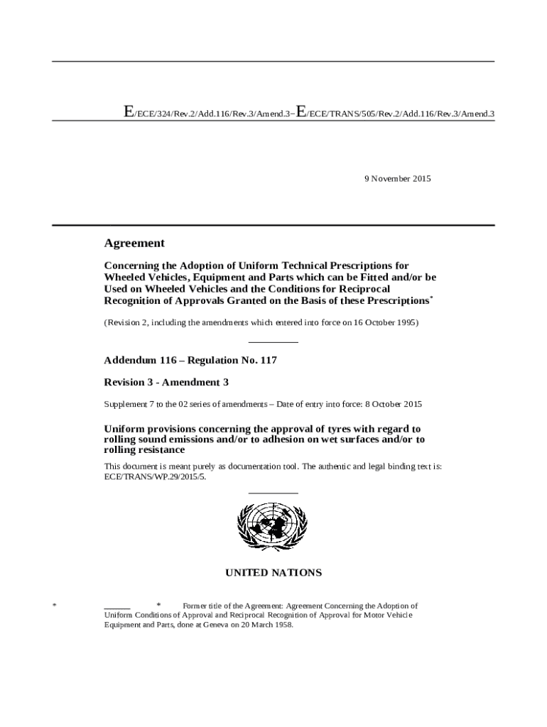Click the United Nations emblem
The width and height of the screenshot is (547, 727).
click(x=273, y=528)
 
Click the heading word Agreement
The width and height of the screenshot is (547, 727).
click(x=134, y=243)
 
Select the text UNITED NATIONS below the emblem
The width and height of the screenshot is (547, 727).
click(x=273, y=572)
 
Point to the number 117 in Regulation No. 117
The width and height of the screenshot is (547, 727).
click(x=268, y=360)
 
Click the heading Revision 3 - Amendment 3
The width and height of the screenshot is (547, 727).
click(x=166, y=382)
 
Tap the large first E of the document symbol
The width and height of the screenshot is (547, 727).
click(x=129, y=111)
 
